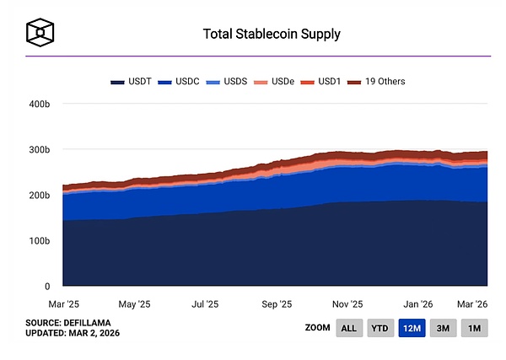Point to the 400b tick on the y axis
pyautogui.click(x=40, y=104)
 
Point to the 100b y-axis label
pyautogui.click(x=40, y=241)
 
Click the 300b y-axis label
pyautogui.click(x=40, y=149)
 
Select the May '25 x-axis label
pyautogui.click(x=134, y=303)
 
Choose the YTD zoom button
pyautogui.click(x=380, y=328)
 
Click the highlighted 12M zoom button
pyautogui.click(x=412, y=328)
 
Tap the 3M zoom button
pyautogui.click(x=444, y=328)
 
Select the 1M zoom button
pyautogui.click(x=475, y=328)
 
